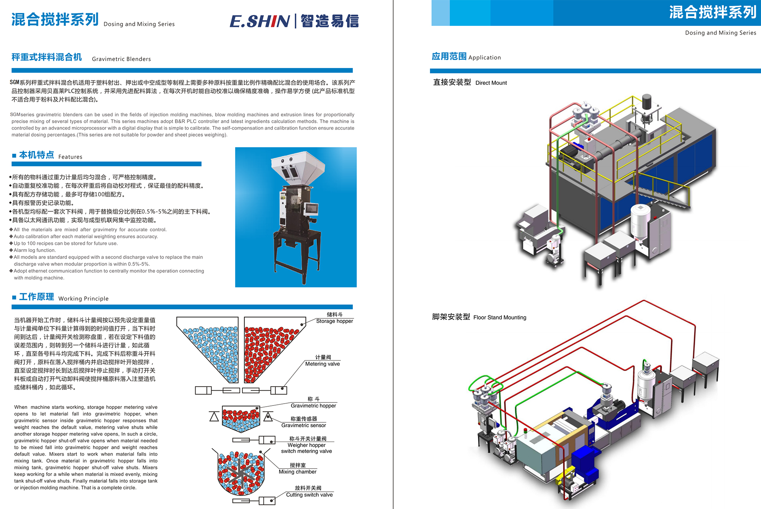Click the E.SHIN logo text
click(260, 21)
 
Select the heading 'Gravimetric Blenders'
click(121, 59)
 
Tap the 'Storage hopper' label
click(334, 321)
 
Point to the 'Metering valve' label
click(322, 364)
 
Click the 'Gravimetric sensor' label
click(304, 425)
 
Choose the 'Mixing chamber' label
click(298, 472)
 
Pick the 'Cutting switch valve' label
click(309, 495)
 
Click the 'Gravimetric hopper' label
click(313, 406)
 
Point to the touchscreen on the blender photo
click(312, 208)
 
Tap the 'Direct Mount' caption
click(491, 83)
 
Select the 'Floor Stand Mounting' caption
click(500, 317)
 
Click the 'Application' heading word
click(484, 57)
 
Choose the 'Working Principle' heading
click(83, 299)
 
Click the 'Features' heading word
click(70, 157)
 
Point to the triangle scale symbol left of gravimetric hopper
click(214, 417)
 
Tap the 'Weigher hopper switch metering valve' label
click(306, 448)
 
